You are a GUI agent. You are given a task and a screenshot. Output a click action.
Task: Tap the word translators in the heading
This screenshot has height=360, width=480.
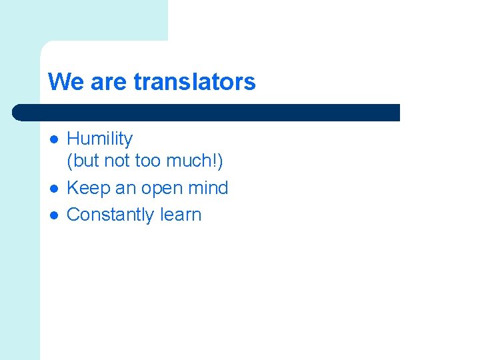coord(195,82)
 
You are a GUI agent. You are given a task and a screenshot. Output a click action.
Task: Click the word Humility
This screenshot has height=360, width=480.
coord(100,139)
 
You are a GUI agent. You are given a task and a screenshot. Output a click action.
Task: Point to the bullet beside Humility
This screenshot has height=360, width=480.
coord(54,139)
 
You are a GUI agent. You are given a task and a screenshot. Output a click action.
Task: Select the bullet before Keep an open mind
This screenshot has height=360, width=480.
coord(54,189)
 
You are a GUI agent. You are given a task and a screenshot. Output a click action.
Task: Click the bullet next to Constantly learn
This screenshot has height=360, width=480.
coord(54,215)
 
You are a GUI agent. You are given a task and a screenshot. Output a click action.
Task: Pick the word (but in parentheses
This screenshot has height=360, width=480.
coord(83,161)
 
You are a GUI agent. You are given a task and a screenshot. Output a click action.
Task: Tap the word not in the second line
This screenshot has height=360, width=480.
coord(117,161)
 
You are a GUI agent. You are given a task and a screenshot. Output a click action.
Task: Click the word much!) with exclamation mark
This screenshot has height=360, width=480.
coord(195,161)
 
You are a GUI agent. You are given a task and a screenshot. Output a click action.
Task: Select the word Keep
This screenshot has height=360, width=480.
coord(88,188)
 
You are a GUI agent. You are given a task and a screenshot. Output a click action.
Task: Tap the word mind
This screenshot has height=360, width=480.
coord(209,188)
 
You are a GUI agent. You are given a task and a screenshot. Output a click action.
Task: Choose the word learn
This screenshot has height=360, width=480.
coord(181,215)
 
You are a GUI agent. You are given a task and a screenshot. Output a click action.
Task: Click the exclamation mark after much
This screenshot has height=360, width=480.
coord(216,161)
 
